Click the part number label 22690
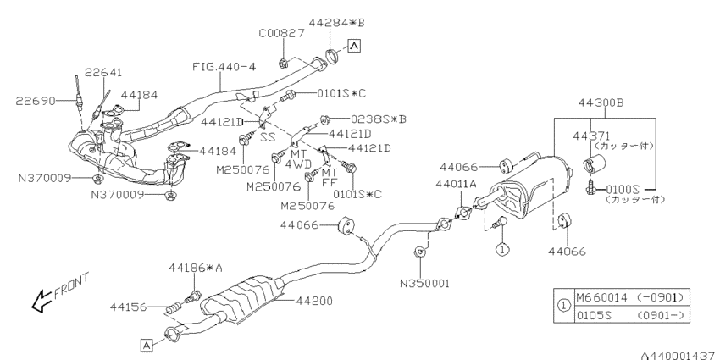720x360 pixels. point(36,101)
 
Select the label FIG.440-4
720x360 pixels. point(224,67)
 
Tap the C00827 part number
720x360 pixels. point(281,33)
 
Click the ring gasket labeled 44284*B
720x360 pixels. point(331,55)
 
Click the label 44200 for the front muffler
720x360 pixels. point(314,302)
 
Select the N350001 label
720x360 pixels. point(424,283)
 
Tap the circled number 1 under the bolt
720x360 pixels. point(502,250)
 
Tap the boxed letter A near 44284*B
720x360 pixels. point(354,46)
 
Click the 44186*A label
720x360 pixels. point(195,268)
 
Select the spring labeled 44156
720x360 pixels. point(173,308)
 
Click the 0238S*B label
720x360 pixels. point(379,119)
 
